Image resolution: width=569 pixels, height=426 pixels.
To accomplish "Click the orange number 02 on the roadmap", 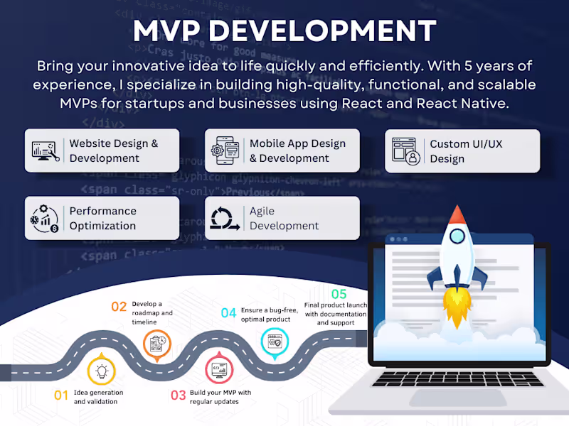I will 119,307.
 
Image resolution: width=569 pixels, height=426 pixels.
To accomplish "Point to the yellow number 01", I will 61,395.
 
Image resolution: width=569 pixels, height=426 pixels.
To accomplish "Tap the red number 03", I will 178,395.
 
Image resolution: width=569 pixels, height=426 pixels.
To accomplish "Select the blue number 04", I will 228,313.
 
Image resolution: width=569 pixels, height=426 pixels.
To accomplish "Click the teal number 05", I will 339,294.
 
